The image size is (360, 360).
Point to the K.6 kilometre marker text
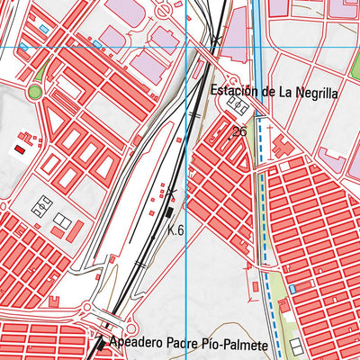[x=175, y=230]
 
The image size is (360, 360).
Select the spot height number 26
[x=238, y=132]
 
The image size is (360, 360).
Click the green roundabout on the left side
[x=35, y=92]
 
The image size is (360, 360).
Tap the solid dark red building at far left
[x=19, y=149]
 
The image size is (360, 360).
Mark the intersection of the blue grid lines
[x=186, y=47]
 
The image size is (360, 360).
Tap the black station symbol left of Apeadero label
[x=99, y=344]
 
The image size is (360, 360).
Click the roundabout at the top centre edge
[x=165, y=11]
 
